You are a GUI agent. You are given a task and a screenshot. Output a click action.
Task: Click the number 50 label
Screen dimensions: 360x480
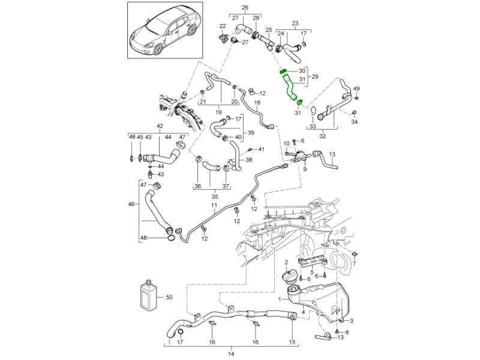pyautogui.click(x=169, y=297)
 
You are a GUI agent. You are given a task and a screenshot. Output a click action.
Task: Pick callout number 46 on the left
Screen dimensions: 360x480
pyautogui.click(x=131, y=205)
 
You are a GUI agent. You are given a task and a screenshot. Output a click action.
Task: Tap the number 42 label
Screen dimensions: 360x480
pyautogui.click(x=160, y=126)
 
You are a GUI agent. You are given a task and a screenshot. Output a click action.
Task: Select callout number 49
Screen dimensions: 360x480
pyautogui.click(x=356, y=88)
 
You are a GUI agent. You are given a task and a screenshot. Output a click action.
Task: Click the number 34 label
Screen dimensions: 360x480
pyautogui.click(x=354, y=122)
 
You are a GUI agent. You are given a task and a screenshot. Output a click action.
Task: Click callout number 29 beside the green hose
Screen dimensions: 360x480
pyautogui.click(x=315, y=77)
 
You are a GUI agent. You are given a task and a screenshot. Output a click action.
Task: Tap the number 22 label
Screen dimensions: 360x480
pyautogui.click(x=223, y=26)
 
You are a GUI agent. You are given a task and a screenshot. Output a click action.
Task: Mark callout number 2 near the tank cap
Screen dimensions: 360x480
pyautogui.click(x=287, y=262)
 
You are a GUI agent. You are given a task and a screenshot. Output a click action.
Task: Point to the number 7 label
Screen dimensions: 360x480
pyautogui.click(x=355, y=263)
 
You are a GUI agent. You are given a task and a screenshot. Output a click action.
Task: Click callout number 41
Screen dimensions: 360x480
pyautogui.click(x=261, y=149)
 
